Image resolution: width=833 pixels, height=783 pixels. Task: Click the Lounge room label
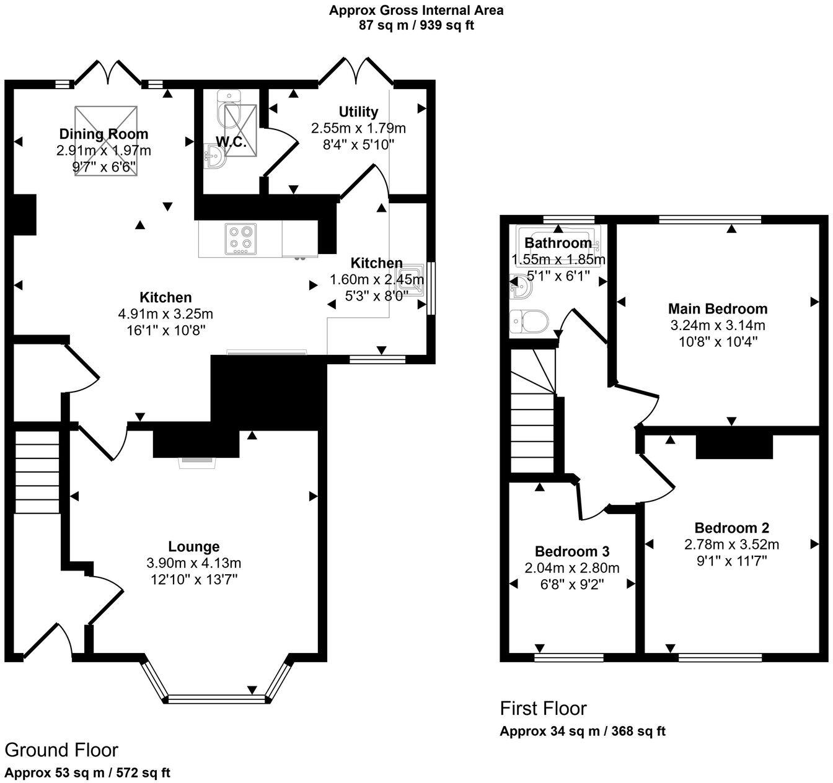(194, 546)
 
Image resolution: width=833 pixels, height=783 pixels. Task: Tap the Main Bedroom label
(718, 308)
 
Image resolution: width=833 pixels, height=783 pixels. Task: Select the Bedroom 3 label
(572, 551)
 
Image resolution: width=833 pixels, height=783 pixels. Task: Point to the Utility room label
(358, 112)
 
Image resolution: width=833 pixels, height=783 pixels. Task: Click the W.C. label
(231, 142)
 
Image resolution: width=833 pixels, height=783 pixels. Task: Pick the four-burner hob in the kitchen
(240, 238)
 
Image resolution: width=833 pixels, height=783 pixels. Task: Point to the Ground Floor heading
(61, 750)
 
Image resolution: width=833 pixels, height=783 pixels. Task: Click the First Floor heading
(543, 708)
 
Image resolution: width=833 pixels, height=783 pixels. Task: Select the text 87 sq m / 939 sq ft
(416, 25)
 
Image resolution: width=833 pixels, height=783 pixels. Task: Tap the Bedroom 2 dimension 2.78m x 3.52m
(731, 545)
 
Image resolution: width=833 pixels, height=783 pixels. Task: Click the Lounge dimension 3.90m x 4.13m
(194, 563)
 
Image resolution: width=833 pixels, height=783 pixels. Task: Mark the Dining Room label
(104, 134)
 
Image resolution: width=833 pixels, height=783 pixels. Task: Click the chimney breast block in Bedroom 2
(734, 446)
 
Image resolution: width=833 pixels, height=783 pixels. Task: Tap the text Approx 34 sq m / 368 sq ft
(583, 732)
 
